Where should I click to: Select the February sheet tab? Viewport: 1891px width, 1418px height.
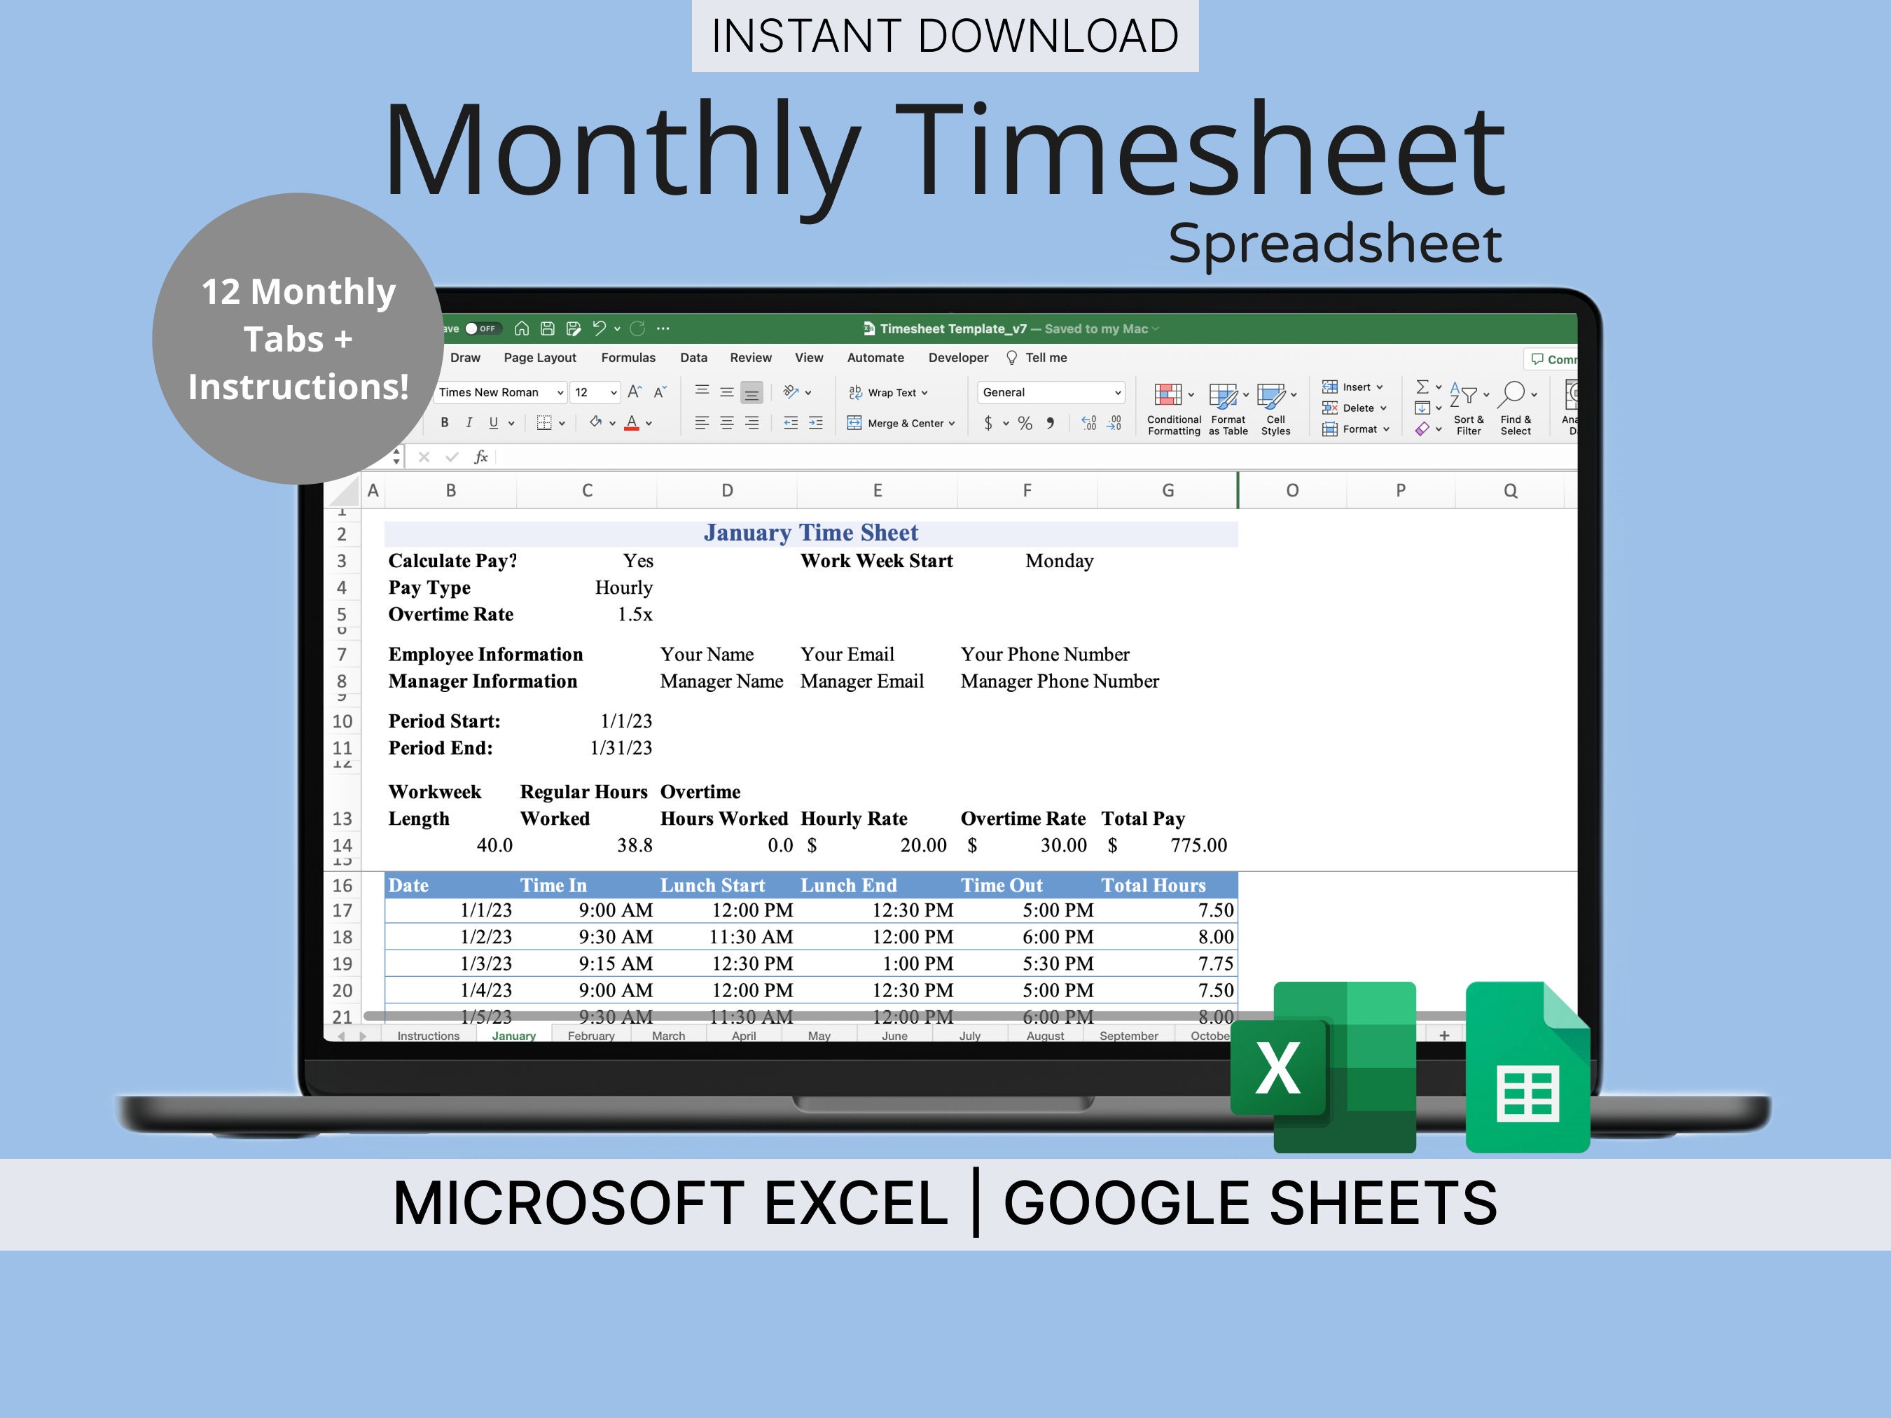pos(590,1036)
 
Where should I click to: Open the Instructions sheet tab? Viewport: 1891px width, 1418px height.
pos(429,1036)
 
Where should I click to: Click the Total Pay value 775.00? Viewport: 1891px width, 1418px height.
pos(1198,845)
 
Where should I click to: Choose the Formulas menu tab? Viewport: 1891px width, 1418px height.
pos(628,358)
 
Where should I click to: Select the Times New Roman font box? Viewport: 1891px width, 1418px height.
pos(497,392)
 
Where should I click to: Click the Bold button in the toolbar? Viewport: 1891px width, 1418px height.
pos(445,423)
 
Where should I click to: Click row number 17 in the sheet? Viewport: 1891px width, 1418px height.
pos(342,910)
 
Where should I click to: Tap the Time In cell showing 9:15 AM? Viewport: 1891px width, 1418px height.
pos(616,964)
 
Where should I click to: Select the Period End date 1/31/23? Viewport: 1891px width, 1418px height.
pos(621,748)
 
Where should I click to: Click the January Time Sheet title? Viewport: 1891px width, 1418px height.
pos(810,532)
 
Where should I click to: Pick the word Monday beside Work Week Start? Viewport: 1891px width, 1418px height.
pos(1058,561)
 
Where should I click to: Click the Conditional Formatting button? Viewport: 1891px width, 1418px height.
pos(1173,408)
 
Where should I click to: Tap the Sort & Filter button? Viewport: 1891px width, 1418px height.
pos(1469,408)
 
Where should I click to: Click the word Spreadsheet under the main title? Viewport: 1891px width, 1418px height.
pos(1334,243)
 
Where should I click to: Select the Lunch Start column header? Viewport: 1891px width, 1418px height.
pos(712,886)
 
